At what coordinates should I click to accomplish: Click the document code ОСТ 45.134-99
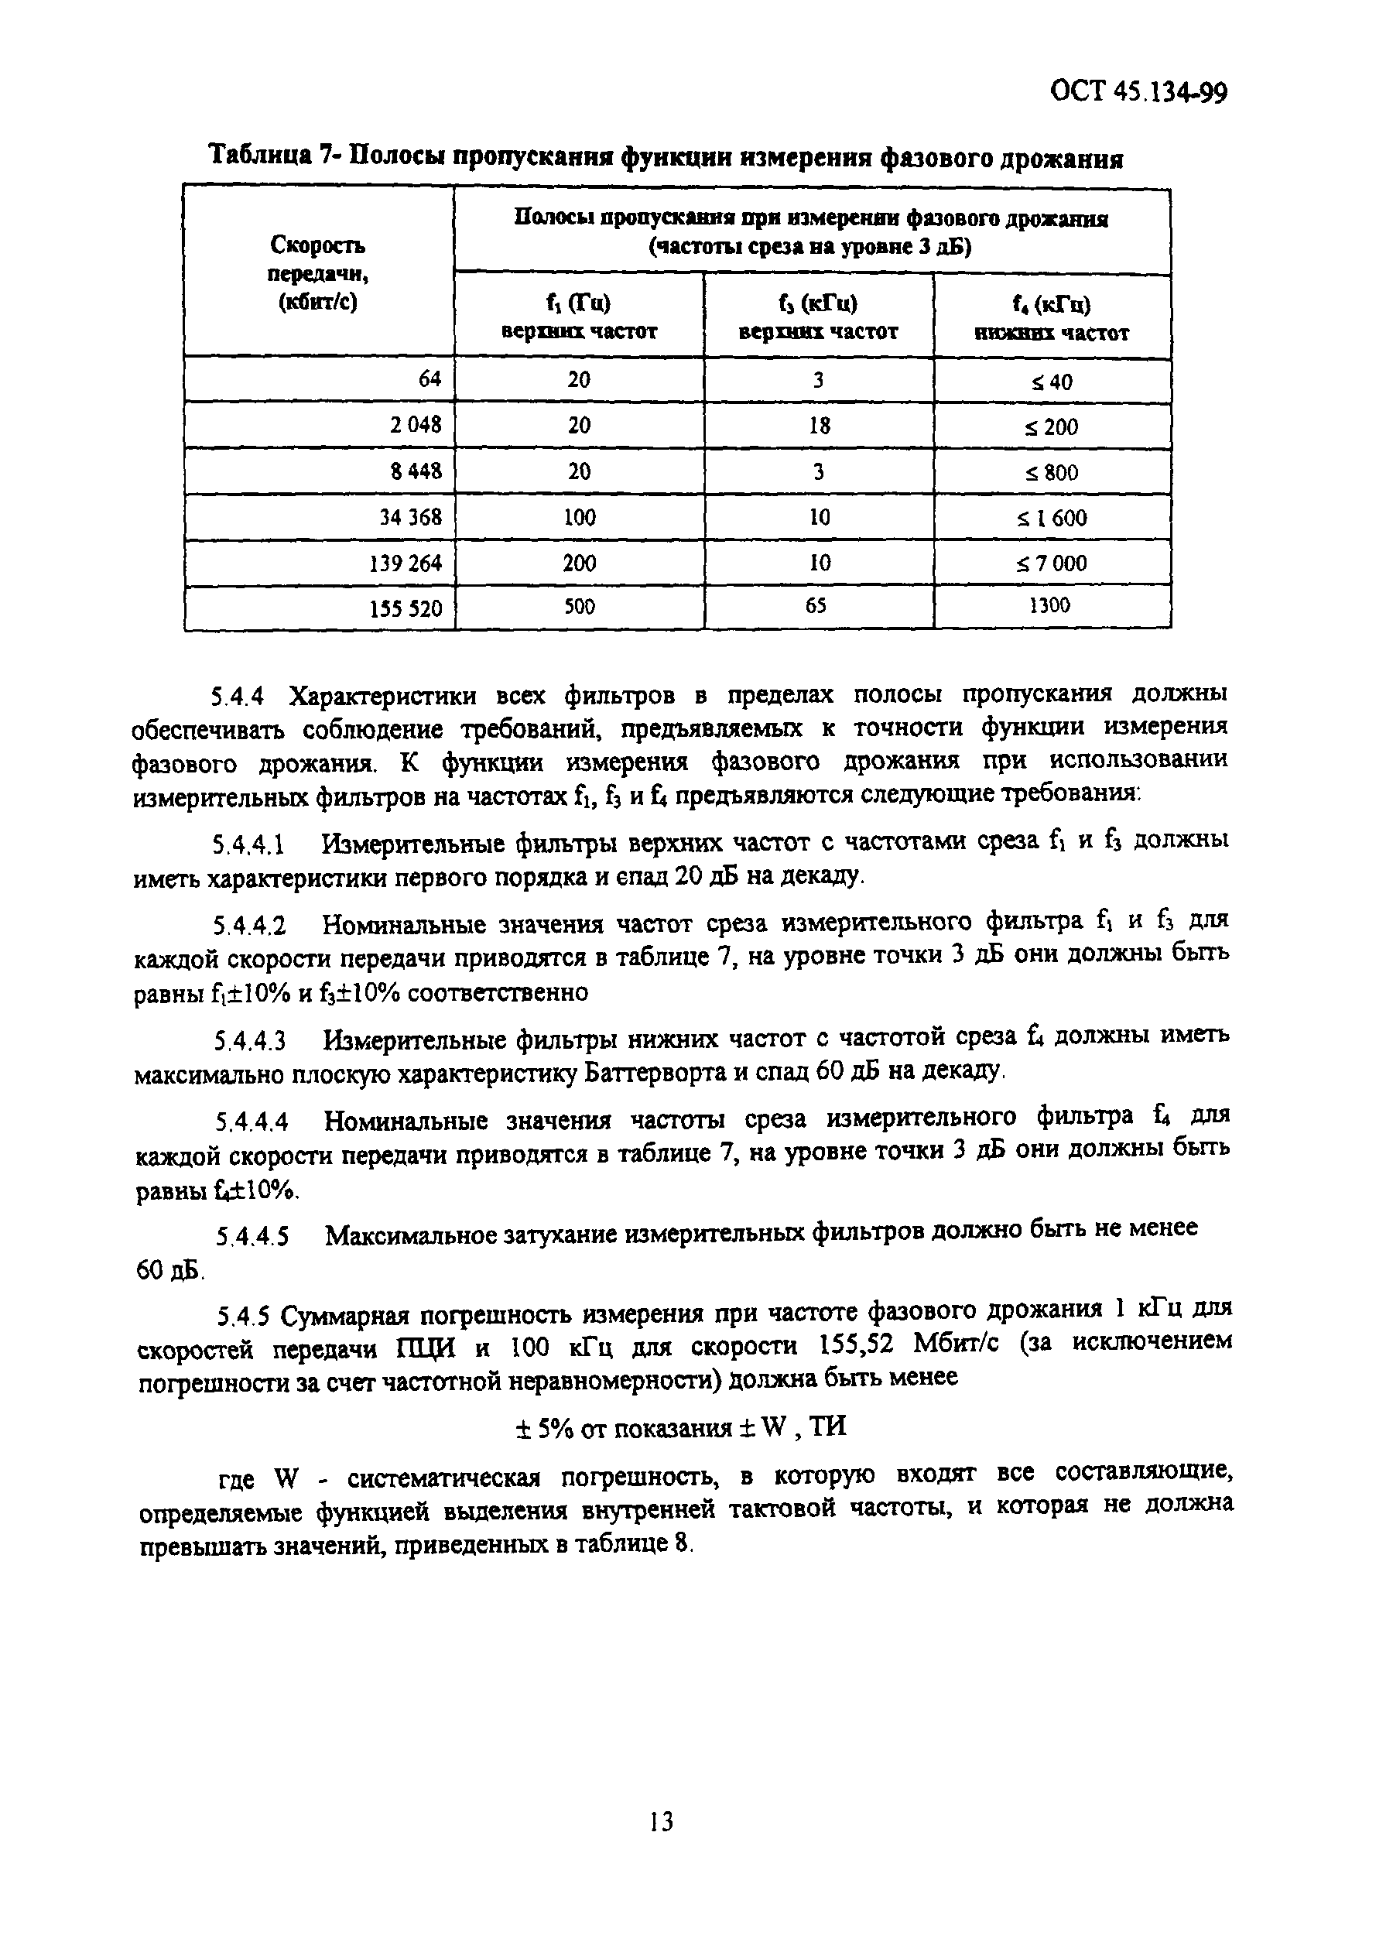click(x=1138, y=91)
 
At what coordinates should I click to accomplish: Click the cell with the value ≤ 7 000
click(x=1052, y=563)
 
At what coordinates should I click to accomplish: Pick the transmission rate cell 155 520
click(x=406, y=609)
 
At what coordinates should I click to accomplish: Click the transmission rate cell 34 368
click(x=410, y=517)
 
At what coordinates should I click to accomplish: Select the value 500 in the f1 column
click(x=579, y=606)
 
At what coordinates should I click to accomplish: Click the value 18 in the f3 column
click(x=819, y=426)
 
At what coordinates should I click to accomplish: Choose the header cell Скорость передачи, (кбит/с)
click(x=318, y=273)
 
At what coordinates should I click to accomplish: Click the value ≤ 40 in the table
click(x=1052, y=382)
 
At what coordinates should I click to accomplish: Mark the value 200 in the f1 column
click(x=579, y=563)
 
